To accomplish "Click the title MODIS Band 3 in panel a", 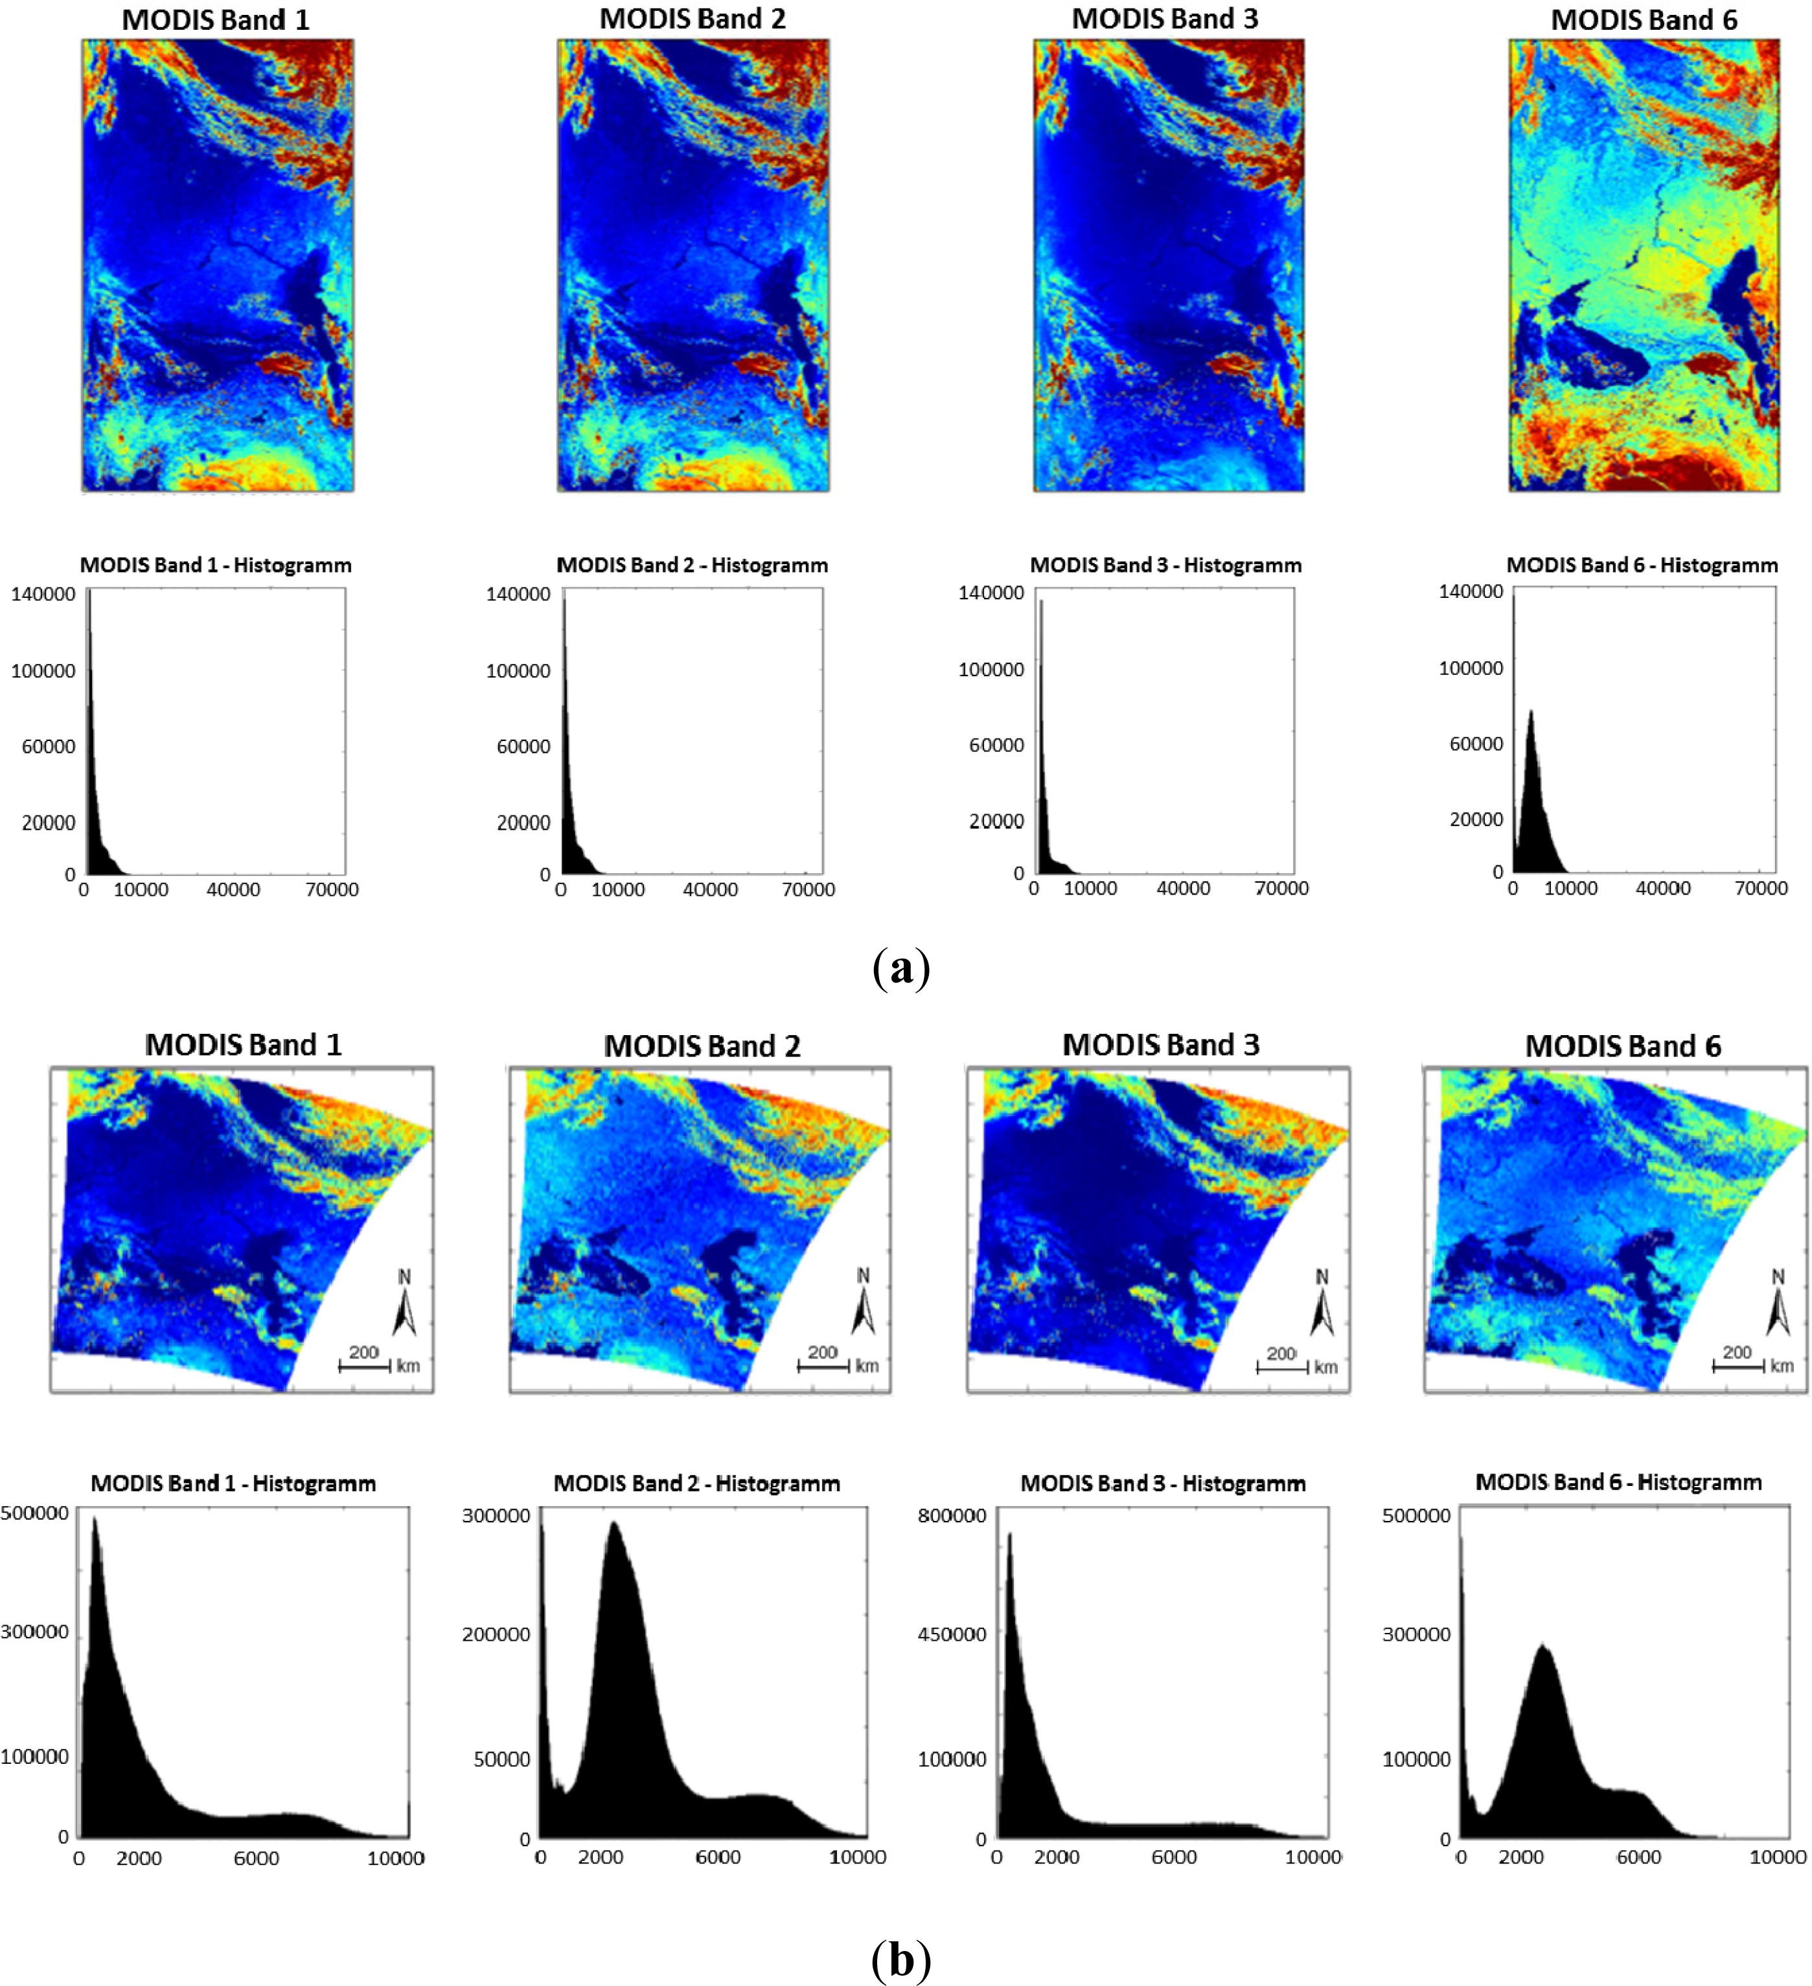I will (1165, 19).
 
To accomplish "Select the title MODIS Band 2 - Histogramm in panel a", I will (692, 565).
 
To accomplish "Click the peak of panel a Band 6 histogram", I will (1530, 711).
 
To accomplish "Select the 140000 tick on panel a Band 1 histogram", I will (42, 594).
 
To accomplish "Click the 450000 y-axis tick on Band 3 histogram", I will (951, 1634).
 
